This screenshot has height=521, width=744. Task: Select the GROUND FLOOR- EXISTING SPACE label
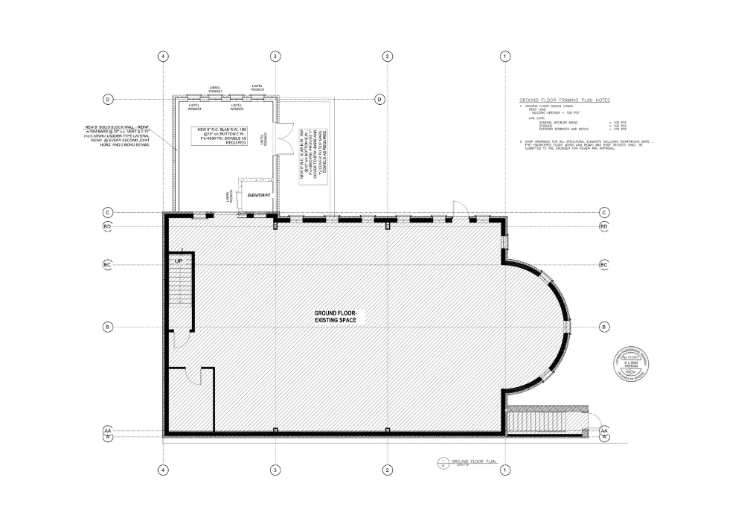click(x=337, y=316)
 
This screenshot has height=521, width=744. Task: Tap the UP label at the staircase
click(x=179, y=262)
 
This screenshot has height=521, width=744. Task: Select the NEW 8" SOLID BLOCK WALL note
click(x=118, y=136)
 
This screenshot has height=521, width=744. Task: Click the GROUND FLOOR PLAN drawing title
click(x=473, y=462)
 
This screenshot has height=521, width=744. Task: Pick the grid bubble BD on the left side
click(x=107, y=226)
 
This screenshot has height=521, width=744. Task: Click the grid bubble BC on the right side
click(x=604, y=264)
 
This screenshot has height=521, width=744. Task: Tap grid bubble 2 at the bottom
click(x=387, y=470)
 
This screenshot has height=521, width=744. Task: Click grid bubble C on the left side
click(x=107, y=212)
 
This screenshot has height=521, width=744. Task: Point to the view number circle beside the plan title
click(x=442, y=463)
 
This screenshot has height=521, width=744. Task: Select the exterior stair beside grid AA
click(x=547, y=421)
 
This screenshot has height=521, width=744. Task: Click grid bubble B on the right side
click(x=604, y=327)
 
